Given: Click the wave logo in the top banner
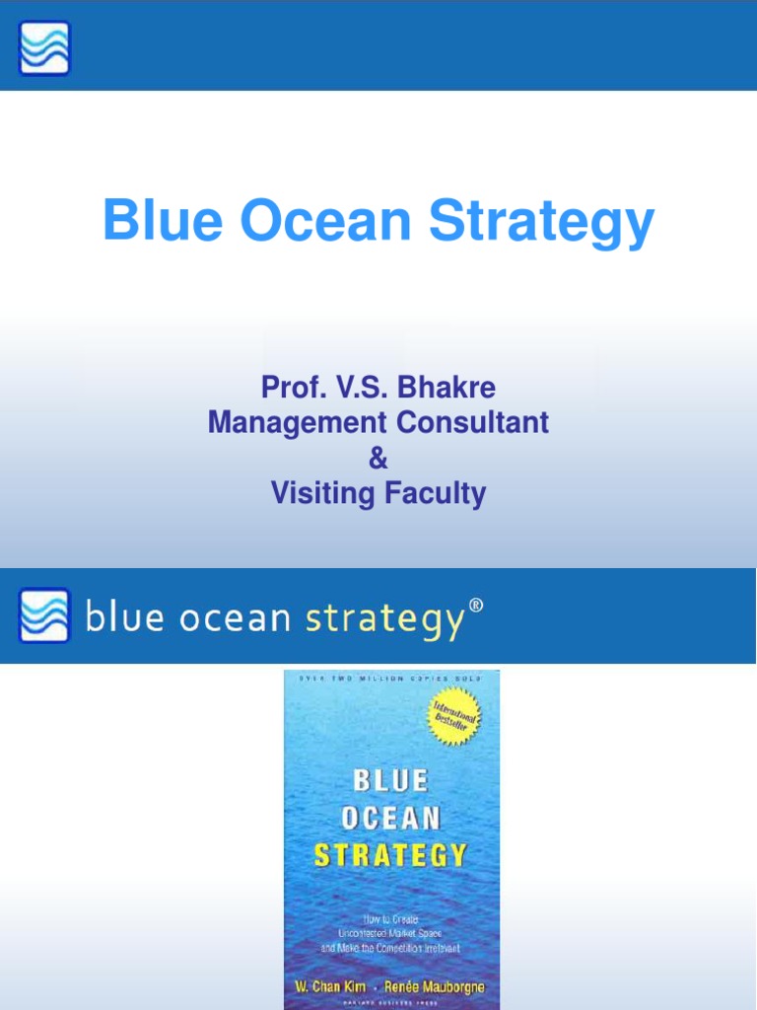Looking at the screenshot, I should pyautogui.click(x=44, y=47).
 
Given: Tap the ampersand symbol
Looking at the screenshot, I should pyautogui.click(x=378, y=459).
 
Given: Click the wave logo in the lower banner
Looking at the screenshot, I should pyautogui.click(x=44, y=615).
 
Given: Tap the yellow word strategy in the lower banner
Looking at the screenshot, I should pyautogui.click(x=383, y=619).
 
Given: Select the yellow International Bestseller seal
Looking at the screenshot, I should pyautogui.click(x=452, y=716).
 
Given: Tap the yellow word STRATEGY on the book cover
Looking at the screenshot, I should pyautogui.click(x=390, y=854).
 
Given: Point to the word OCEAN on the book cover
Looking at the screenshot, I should pyautogui.click(x=390, y=818).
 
